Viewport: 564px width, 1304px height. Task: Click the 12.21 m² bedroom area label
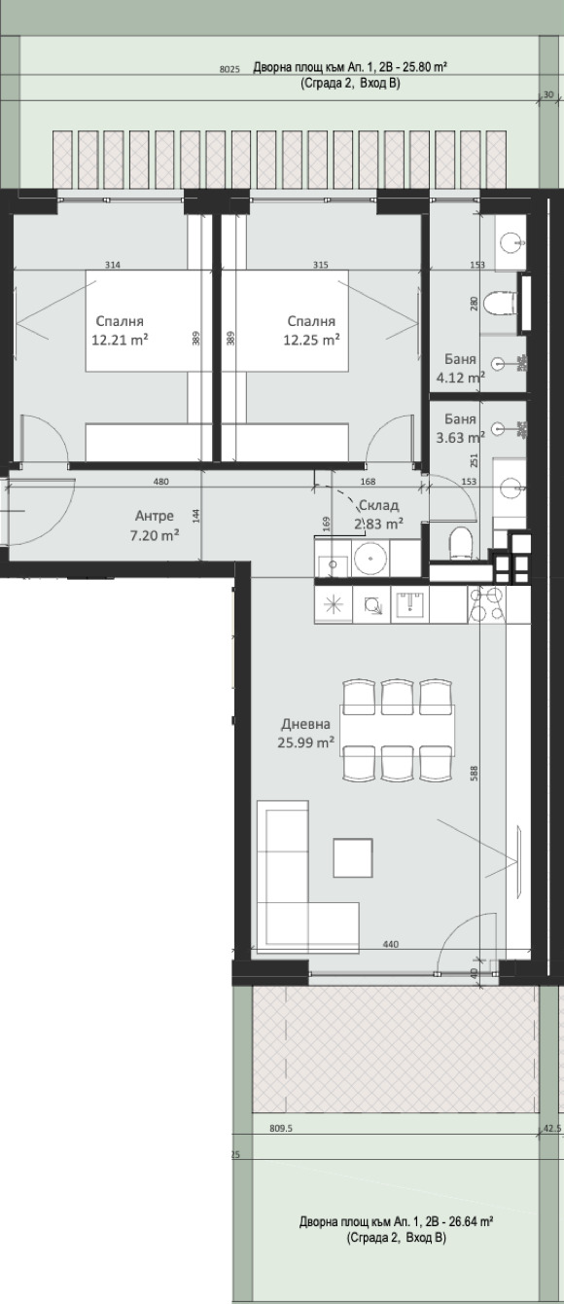(120, 330)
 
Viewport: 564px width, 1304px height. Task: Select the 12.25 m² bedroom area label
(311, 330)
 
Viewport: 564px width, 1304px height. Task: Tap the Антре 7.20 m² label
(154, 525)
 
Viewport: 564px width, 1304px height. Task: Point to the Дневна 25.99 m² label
(306, 733)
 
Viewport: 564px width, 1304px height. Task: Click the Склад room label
(379, 505)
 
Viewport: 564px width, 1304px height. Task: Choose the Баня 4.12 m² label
(461, 368)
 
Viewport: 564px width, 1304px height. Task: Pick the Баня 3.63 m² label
(461, 428)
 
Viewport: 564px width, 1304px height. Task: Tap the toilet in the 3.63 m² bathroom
(464, 543)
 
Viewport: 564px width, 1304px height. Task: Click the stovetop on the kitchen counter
(486, 603)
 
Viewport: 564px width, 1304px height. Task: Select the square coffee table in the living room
(353, 857)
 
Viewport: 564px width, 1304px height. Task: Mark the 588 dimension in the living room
(474, 773)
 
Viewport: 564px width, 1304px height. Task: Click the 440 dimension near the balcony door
(391, 944)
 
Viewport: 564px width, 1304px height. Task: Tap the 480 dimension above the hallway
(161, 482)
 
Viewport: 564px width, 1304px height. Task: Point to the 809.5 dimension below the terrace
(281, 1128)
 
